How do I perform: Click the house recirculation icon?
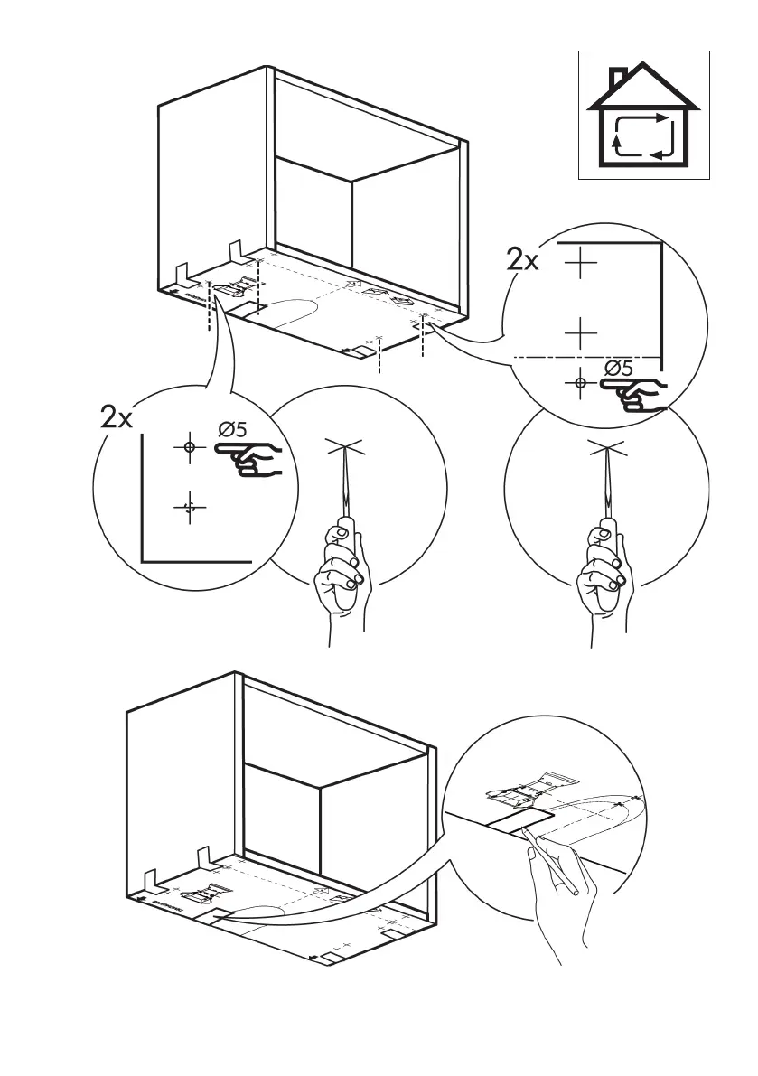(643, 115)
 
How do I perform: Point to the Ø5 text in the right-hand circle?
(618, 368)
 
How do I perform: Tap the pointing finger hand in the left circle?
(250, 455)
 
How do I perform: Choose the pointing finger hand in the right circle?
(634, 393)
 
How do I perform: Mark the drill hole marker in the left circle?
(189, 447)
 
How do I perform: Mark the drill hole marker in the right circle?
(580, 383)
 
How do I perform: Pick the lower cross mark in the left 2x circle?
(190, 509)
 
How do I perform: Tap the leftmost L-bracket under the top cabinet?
(178, 273)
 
